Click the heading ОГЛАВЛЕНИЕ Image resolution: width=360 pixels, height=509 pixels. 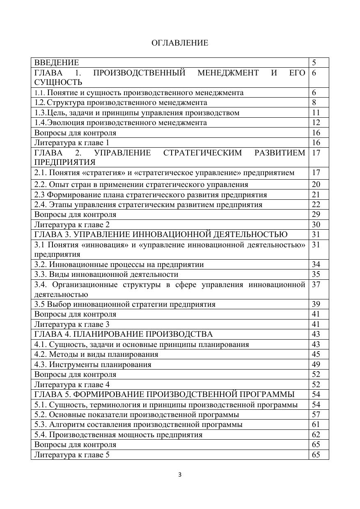(x=180, y=43)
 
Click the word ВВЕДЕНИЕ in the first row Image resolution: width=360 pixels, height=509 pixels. (x=57, y=63)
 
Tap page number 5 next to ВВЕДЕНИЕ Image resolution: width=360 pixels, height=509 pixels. (x=314, y=63)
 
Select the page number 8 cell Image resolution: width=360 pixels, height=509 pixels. (x=314, y=103)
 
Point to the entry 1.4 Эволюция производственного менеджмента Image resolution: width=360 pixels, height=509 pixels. (x=121, y=123)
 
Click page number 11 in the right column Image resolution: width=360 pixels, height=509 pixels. (x=316, y=113)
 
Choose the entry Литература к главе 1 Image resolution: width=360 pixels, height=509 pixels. (x=72, y=143)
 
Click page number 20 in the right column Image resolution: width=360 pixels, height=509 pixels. (x=316, y=185)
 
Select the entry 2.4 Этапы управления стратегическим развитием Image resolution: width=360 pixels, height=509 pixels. (x=148, y=205)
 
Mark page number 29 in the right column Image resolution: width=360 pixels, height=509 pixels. (x=316, y=215)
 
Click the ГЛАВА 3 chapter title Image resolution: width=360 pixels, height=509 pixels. (x=161, y=235)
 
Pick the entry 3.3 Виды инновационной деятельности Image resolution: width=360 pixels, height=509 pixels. (x=106, y=274)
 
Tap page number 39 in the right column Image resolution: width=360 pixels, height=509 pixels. (x=316, y=304)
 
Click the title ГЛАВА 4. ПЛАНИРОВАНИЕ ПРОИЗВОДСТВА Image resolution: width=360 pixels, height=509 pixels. (x=124, y=334)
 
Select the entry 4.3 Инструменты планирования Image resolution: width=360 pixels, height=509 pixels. (x=93, y=365)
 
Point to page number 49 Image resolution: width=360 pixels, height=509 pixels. (x=316, y=365)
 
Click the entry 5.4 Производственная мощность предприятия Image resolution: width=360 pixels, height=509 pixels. (x=118, y=435)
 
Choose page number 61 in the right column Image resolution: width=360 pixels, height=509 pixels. (x=316, y=425)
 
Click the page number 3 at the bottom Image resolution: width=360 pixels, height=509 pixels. (x=180, y=475)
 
